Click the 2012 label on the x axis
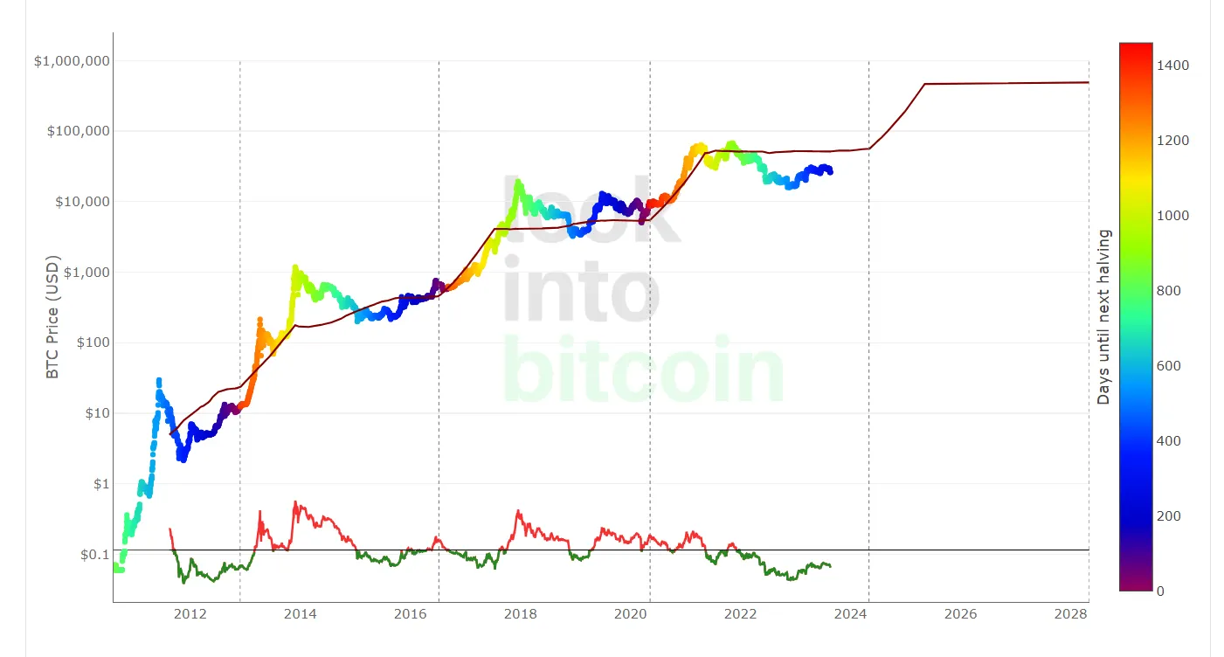[x=190, y=614]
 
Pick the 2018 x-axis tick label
[x=521, y=614]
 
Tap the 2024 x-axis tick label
[x=851, y=614]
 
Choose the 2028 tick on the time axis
[x=1071, y=614]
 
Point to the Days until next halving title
[x=1103, y=316]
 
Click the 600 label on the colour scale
[x=1169, y=366]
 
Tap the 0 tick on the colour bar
[x=1160, y=591]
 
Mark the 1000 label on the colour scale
[x=1173, y=216]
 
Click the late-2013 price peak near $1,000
[x=295, y=267]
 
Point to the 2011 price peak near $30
[x=158, y=380]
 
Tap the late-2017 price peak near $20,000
[x=519, y=183]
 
